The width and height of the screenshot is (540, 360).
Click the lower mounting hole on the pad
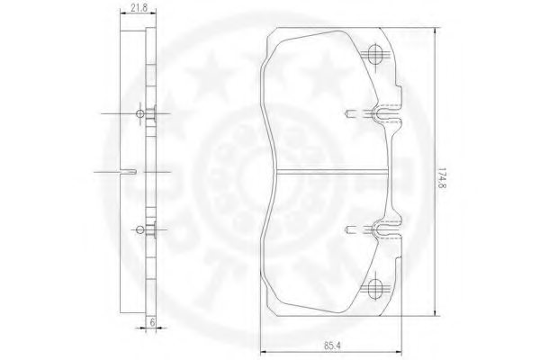coord(376,288)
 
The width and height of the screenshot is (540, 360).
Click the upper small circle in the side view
coord(139,113)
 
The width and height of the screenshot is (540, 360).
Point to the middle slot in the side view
coord(131,171)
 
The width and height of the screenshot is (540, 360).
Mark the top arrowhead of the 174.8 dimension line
coord(435,32)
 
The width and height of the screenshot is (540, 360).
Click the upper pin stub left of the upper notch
coord(351,113)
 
